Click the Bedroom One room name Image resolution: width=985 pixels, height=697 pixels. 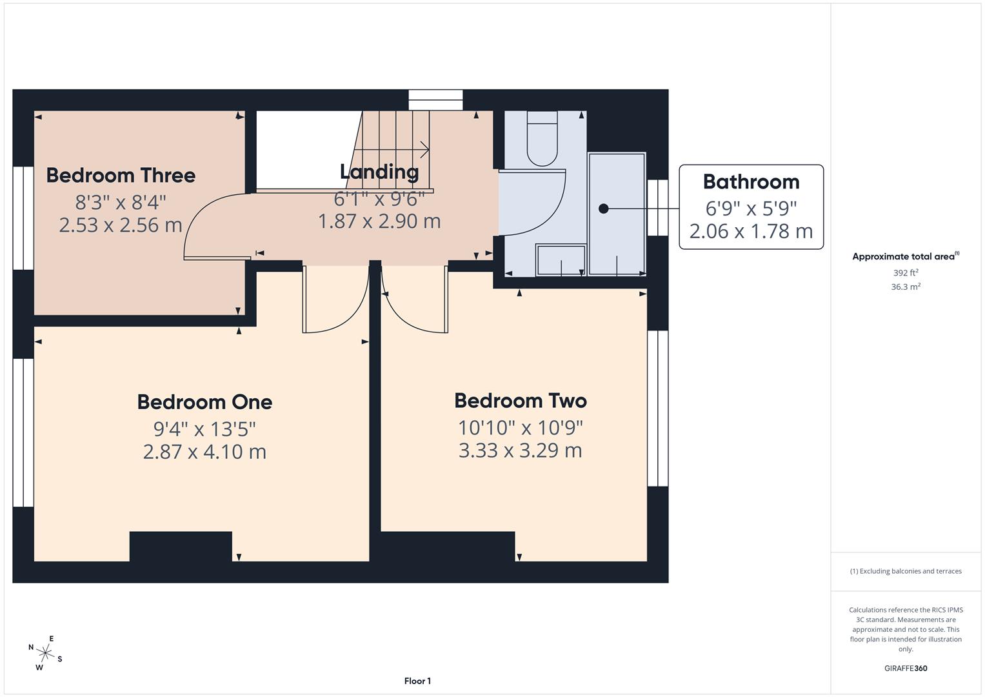tap(204, 402)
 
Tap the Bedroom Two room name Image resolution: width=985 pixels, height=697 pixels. tap(521, 401)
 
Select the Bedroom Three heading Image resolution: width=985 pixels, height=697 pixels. tap(121, 176)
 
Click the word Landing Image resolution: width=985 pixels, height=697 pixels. tap(379, 172)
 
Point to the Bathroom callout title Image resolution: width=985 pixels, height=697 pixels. tap(751, 182)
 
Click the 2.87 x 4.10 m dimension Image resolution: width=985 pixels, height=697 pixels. tap(204, 452)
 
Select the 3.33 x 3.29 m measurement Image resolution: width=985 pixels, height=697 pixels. tap(521, 450)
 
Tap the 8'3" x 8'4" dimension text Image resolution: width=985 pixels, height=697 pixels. tap(121, 203)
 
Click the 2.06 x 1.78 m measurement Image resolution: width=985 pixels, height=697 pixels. tap(751, 231)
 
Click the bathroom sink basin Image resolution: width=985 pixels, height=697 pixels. tap(560, 259)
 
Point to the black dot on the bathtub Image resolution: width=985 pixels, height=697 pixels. tap(604, 208)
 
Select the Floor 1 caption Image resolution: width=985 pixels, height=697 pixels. tap(417, 681)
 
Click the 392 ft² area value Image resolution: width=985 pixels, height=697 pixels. tap(906, 273)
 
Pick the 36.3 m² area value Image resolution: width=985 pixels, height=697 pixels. tap(906, 287)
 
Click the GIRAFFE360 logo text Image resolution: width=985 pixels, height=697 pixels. tap(906, 668)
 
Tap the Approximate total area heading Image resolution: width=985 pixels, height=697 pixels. tap(904, 257)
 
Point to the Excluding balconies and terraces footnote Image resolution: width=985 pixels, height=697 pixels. tap(906, 571)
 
